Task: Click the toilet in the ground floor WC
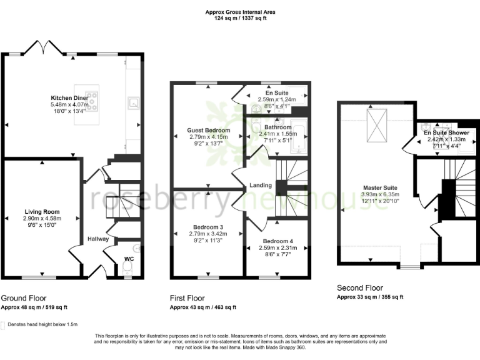click(127, 267)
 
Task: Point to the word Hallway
click(98, 239)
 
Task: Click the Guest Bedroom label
click(208, 130)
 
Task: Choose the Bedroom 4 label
click(278, 241)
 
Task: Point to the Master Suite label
click(380, 187)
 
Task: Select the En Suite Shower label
click(446, 133)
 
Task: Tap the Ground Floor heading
click(24, 298)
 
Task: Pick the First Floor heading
click(187, 298)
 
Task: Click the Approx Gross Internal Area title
click(240, 12)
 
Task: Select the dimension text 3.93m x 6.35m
click(380, 194)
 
